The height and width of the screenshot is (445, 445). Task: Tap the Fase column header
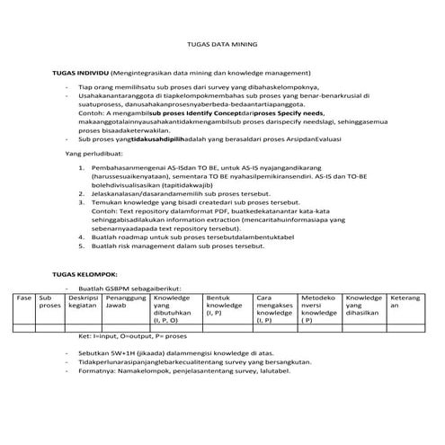click(25, 297)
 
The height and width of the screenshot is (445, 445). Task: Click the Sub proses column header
click(50, 301)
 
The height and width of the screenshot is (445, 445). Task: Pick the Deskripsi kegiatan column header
click(83, 301)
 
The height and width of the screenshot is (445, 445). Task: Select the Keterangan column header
click(405, 301)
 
